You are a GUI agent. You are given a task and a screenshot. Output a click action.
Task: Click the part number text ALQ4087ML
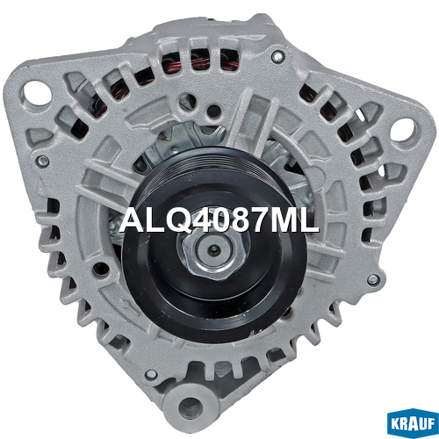tap(219, 221)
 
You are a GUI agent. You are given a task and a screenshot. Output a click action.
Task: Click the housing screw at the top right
tap(277, 56)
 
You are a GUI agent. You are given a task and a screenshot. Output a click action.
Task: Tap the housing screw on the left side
tap(43, 160)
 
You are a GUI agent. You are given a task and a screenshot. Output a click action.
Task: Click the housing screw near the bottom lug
tap(152, 374)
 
